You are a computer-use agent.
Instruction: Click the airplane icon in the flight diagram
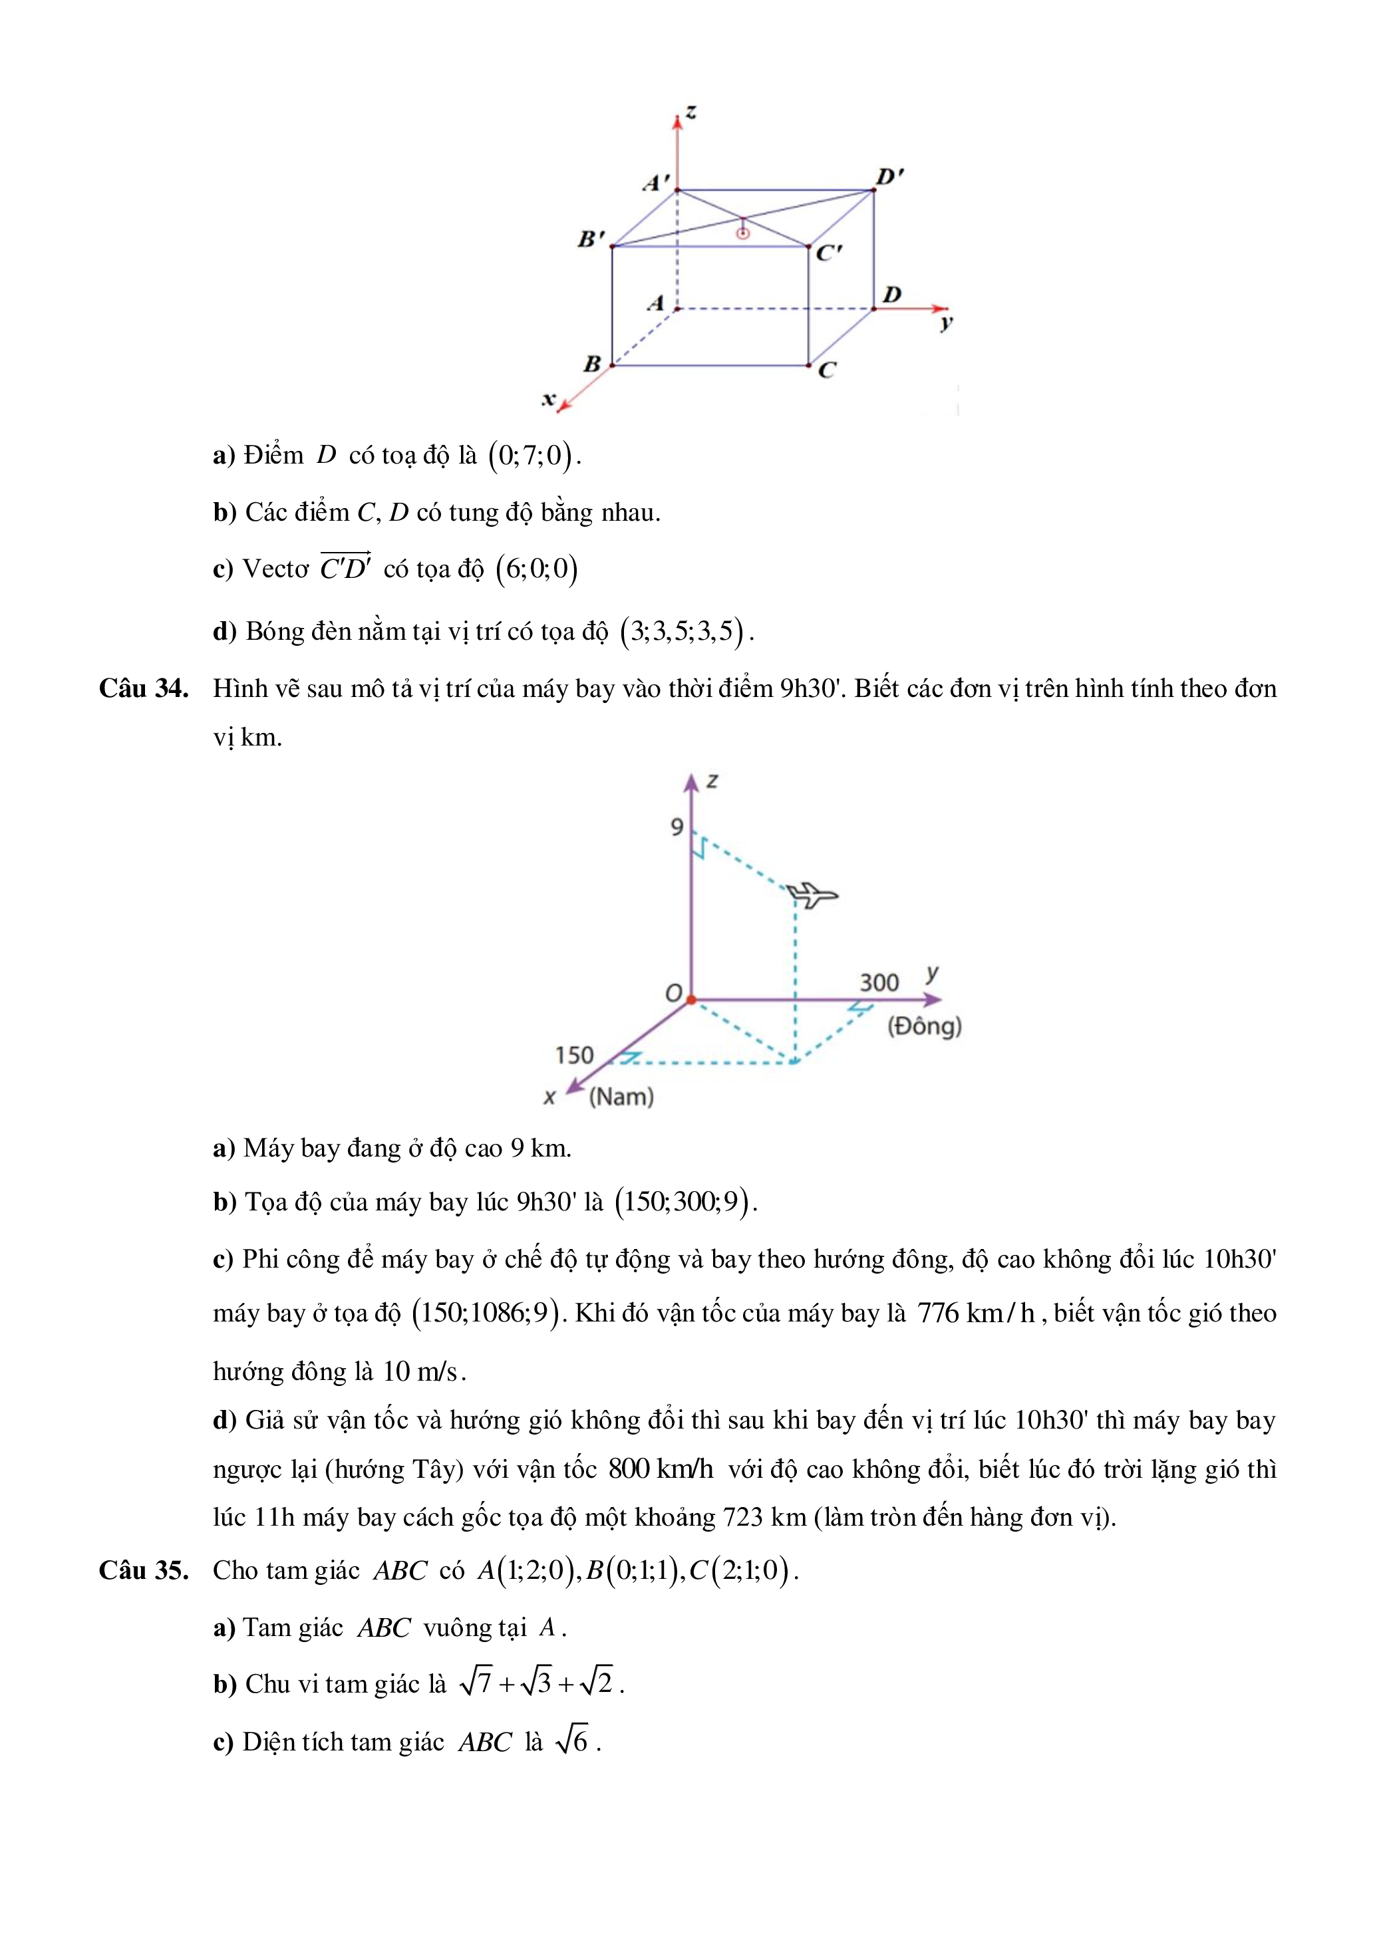[811, 894]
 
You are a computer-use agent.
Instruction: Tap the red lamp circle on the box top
[742, 233]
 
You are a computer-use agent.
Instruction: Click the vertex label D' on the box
[889, 177]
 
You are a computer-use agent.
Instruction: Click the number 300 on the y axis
[879, 982]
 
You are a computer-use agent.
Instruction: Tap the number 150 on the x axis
[574, 1055]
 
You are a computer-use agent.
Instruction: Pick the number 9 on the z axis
[677, 827]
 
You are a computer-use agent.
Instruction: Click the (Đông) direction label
[924, 1026]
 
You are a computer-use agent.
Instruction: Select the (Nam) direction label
[621, 1097]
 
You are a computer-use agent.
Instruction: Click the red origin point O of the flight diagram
[691, 1000]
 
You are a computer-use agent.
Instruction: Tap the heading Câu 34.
[143, 688]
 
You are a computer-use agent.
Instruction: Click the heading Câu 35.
[143, 1571]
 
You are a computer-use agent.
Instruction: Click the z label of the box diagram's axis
[692, 112]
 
